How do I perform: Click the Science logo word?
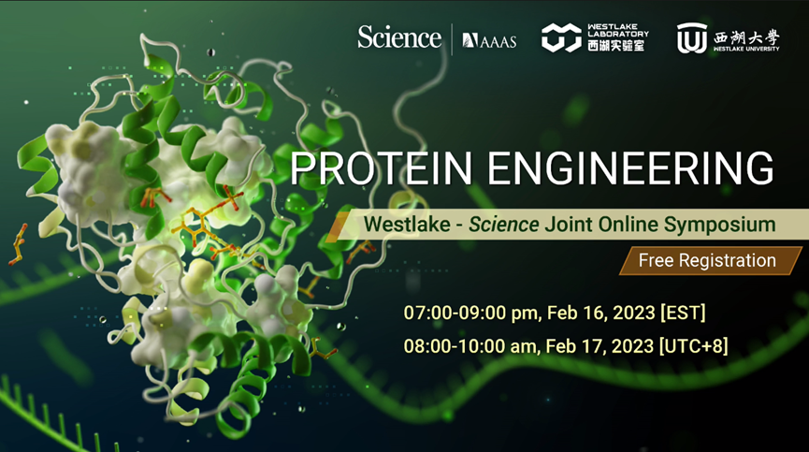point(398,37)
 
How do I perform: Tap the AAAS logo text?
point(489,40)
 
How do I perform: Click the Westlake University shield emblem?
point(691,37)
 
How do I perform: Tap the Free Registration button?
point(707,260)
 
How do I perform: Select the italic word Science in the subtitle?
point(504,225)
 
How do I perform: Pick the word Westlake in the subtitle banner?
point(397,225)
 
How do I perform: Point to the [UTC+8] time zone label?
point(693,345)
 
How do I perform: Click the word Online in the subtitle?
point(628,225)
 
